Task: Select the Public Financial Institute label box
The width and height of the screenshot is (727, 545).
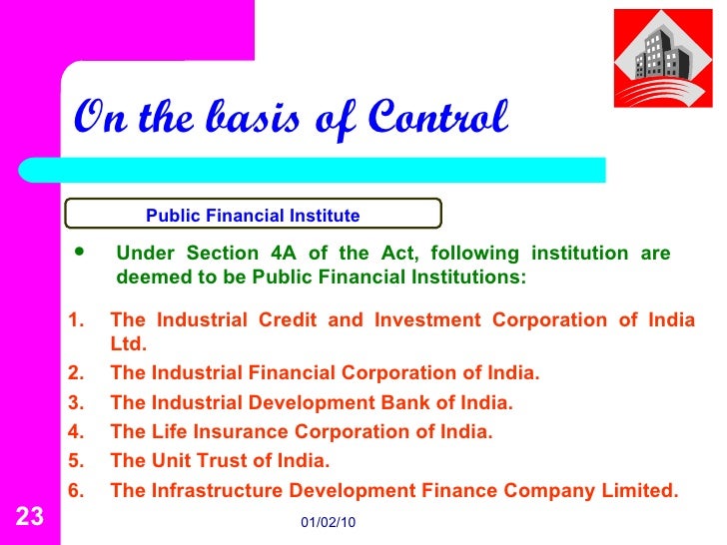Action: (x=254, y=214)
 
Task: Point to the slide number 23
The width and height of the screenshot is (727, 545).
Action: (x=30, y=516)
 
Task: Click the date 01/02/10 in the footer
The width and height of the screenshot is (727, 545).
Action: (x=329, y=523)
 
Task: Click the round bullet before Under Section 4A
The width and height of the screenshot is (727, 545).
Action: (x=82, y=253)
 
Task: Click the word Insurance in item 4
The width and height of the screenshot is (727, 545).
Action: (x=235, y=432)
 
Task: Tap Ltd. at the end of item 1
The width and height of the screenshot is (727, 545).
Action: (x=129, y=344)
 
